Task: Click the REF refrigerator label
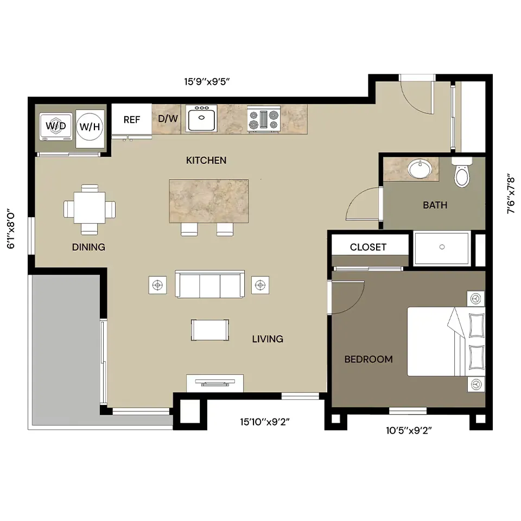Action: [131, 119]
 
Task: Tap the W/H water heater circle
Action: [90, 126]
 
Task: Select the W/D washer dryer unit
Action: [56, 126]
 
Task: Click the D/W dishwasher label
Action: [168, 119]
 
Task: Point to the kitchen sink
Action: [201, 119]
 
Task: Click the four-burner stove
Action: [264, 119]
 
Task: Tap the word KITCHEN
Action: [206, 161]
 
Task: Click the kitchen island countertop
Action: [208, 201]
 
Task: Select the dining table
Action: [90, 208]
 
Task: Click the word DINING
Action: [88, 247]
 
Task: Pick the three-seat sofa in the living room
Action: [210, 284]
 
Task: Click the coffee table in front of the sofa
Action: [210, 330]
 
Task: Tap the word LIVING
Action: [268, 339]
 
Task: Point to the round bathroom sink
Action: [420, 169]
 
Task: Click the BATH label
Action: [435, 205]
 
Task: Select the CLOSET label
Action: [368, 247]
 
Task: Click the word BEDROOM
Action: [368, 359]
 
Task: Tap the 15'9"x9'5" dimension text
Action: [207, 81]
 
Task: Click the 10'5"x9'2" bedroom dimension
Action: [409, 430]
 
